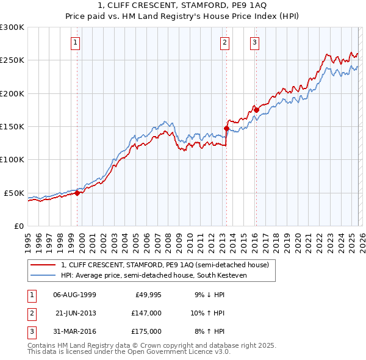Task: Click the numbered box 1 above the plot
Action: pyautogui.click(x=75, y=42)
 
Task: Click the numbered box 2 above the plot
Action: pyautogui.click(x=224, y=42)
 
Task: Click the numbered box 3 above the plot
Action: pyautogui.click(x=254, y=42)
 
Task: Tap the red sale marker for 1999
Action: pyautogui.click(x=77, y=193)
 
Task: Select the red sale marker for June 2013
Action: pyautogui.click(x=226, y=129)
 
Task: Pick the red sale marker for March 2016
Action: pyautogui.click(x=256, y=110)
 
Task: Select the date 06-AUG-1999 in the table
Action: pyautogui.click(x=74, y=295)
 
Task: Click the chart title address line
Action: pyautogui.click(x=182, y=7)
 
